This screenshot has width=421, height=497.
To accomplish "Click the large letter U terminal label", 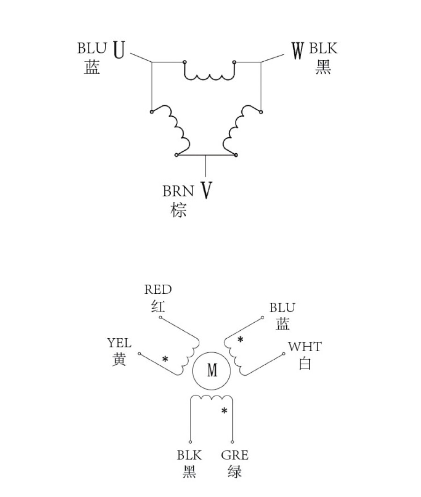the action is (x=119, y=50).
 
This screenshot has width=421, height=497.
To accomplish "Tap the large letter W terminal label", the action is (x=298, y=51).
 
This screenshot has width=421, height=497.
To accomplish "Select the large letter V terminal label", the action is (x=206, y=190).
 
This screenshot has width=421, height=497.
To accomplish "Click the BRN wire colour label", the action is (x=178, y=191).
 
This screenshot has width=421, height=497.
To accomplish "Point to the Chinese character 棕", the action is (x=178, y=210).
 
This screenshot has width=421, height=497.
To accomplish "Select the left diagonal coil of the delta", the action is (x=170, y=130).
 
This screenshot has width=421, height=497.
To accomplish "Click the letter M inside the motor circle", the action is (x=212, y=370).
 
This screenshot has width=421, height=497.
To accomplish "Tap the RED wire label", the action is (x=158, y=290).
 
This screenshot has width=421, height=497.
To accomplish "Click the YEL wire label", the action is (x=119, y=343).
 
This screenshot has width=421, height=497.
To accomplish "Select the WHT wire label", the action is (x=305, y=347).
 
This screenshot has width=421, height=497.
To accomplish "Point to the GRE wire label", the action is (x=235, y=455).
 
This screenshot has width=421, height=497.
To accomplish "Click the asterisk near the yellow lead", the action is (x=165, y=360).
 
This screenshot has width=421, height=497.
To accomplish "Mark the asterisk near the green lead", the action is (x=225, y=411).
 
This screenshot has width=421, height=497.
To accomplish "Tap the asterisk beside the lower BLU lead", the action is (x=240, y=340).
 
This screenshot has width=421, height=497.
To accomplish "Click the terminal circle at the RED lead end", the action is (x=160, y=317).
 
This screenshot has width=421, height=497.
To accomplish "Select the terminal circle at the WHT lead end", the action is (x=284, y=354).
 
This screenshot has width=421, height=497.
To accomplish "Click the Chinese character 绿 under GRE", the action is (x=235, y=471).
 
